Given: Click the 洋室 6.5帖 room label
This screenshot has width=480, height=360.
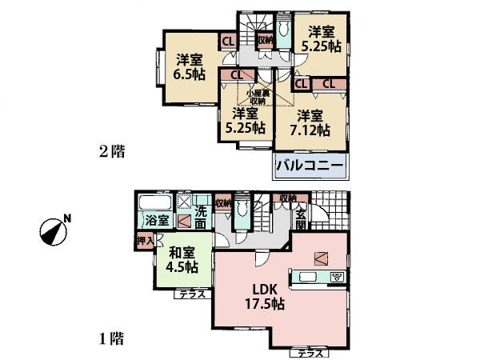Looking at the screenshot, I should tap(190, 66).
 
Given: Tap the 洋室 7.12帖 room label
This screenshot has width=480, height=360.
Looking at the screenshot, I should tap(311, 123).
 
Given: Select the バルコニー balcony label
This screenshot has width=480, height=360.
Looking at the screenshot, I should tap(310, 166).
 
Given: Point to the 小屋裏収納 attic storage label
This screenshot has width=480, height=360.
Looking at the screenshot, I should tap(256, 96).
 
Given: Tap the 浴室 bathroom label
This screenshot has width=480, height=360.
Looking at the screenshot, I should tap(156, 220).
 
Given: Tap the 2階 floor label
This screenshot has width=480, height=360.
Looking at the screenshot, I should tap(112, 150).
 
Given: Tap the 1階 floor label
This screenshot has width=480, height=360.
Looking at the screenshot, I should tap(112, 338).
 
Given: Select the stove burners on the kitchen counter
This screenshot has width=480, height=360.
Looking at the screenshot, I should tap(337, 278).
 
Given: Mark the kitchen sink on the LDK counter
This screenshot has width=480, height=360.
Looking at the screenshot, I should tap(307, 278).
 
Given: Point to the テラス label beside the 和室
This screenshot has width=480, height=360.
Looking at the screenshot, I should tap(192, 294).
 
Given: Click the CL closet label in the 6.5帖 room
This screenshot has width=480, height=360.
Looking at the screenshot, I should tap(227, 42).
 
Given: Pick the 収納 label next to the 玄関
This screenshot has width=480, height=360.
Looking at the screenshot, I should tap(287, 198).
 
